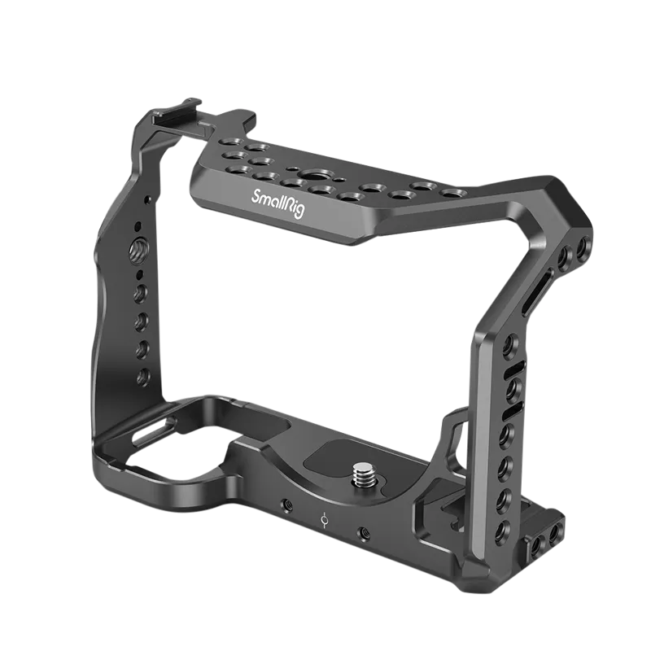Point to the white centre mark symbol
tap(325, 518)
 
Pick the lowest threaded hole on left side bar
tap(143, 375)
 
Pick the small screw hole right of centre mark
tap(363, 534)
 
